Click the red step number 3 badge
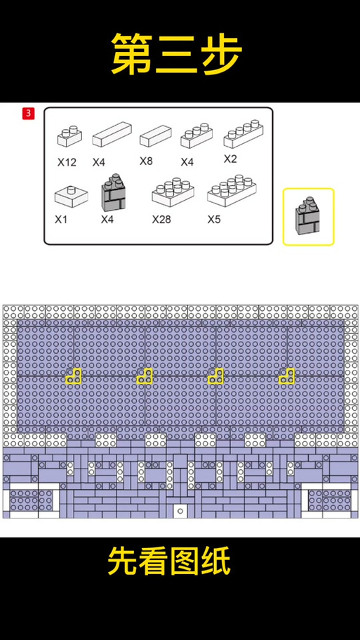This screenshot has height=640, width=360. click(x=28, y=114)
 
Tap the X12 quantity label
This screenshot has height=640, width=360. click(x=67, y=162)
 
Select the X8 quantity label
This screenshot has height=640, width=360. click(x=146, y=161)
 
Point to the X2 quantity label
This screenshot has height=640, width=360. click(x=230, y=159)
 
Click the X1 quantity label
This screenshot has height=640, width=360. click(x=61, y=220)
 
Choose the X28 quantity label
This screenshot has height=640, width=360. click(x=161, y=220)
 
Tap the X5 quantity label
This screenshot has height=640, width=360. click(x=214, y=220)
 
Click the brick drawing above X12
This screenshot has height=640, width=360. click(x=69, y=136)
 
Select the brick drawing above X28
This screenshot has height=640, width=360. click(x=173, y=192)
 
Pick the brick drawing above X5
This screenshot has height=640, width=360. click(x=232, y=190)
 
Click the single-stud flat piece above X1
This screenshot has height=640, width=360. click(x=72, y=196)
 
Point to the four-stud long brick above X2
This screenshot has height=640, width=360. click(x=244, y=134)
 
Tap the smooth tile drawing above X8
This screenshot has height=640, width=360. click(x=156, y=136)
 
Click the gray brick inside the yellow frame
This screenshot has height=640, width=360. click(x=307, y=216)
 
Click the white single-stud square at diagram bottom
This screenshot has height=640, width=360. click(x=180, y=511)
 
